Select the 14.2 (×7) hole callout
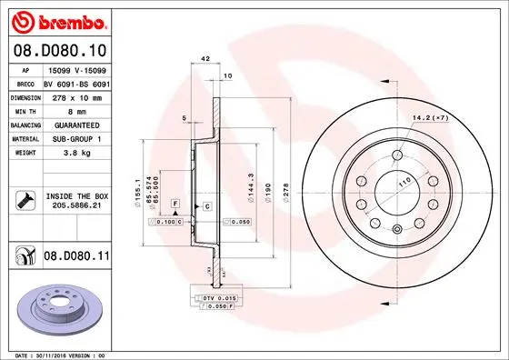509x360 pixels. [x=429, y=117]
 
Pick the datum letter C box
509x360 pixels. [x=206, y=207]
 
